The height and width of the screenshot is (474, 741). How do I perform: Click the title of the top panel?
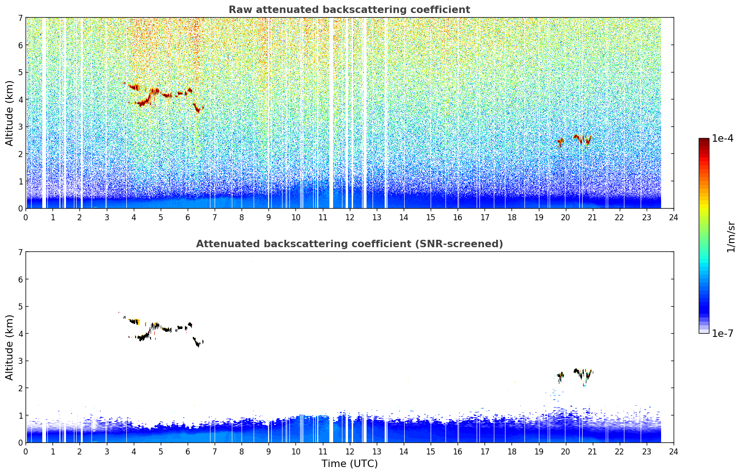pos(349,10)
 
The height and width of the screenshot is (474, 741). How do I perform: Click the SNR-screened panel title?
pos(349,244)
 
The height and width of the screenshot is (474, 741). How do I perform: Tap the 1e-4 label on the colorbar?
pos(722,138)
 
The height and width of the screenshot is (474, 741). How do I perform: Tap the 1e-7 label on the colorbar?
pos(722,333)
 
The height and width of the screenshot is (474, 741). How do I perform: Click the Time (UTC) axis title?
pos(349,464)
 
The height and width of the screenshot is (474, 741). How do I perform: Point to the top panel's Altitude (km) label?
pos(9,113)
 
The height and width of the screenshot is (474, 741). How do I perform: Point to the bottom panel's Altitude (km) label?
pos(9,347)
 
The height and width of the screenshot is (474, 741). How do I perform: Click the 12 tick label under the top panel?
pos(350,217)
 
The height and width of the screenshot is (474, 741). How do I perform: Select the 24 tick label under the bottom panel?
pos(674,452)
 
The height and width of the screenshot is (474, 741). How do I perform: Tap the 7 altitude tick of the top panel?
pos(20,18)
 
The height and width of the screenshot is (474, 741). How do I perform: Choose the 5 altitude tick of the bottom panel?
pos(20,307)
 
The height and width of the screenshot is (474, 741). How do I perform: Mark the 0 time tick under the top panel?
pos(26,217)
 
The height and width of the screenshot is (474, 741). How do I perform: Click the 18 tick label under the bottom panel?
pos(512,452)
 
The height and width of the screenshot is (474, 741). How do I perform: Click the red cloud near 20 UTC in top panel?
pos(560,143)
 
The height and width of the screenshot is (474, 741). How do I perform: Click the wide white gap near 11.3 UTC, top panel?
pos(331,113)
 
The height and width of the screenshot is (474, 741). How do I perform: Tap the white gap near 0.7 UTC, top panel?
pos(44,113)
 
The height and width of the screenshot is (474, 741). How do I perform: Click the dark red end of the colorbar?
pos(704,141)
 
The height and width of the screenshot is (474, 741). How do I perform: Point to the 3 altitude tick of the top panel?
pos(20,127)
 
